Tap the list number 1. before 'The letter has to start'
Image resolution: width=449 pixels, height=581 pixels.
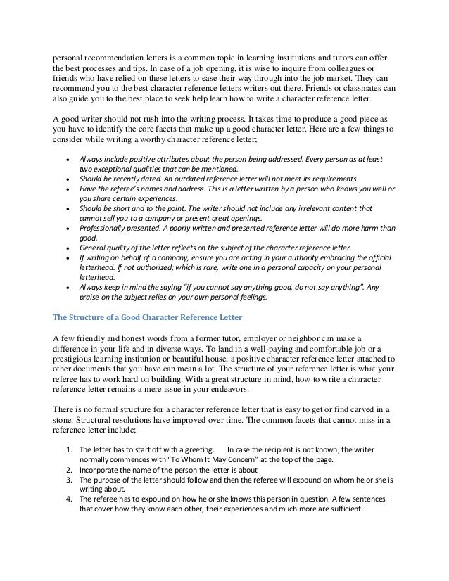[x=68, y=449]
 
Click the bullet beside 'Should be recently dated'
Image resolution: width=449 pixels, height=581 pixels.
[x=67, y=179]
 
